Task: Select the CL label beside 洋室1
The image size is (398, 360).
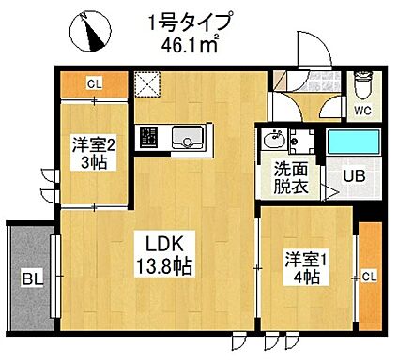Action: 369,277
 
